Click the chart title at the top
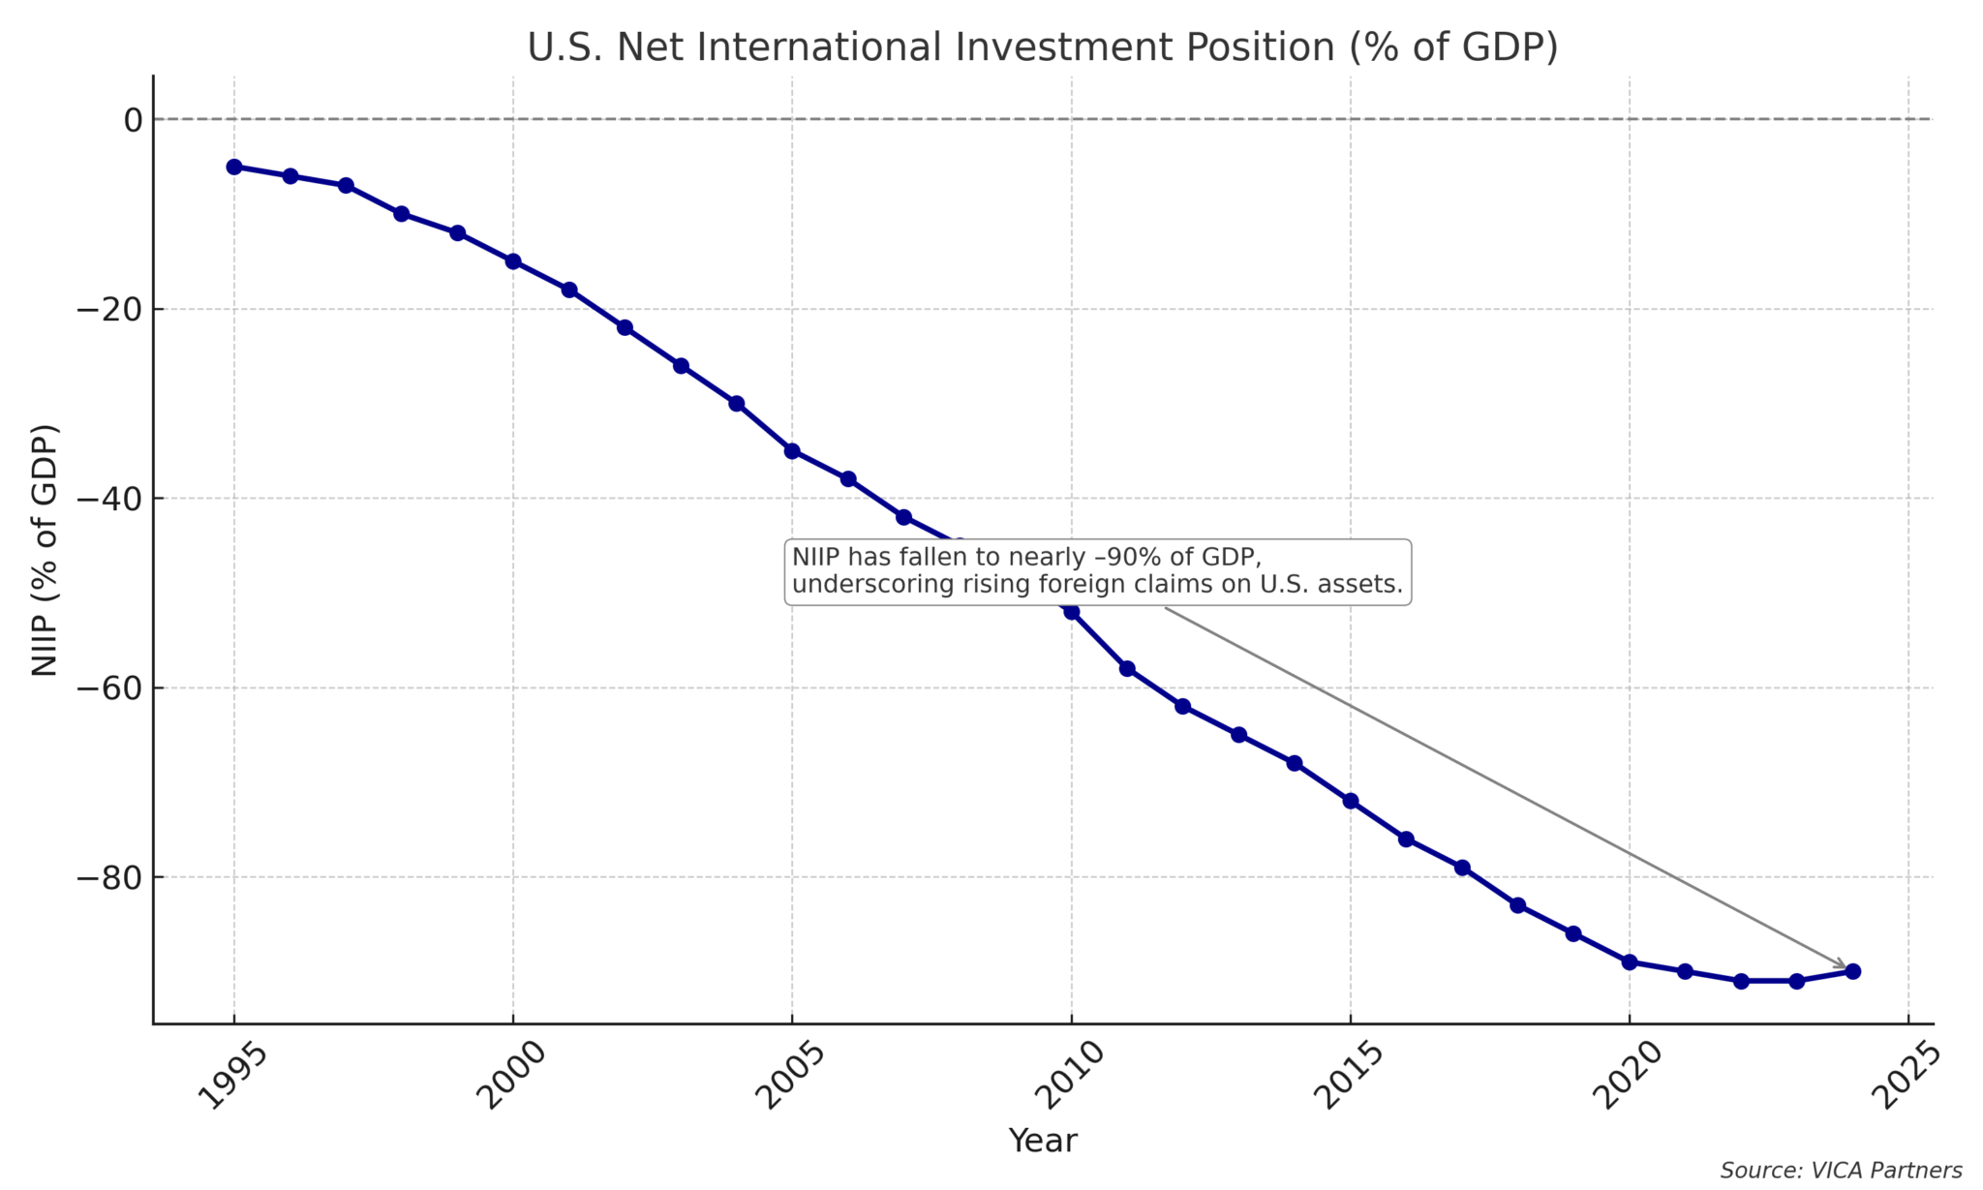coord(1042,46)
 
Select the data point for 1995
coord(234,167)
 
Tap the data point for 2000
coord(513,261)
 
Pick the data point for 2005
coord(792,451)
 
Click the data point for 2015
coord(1351,801)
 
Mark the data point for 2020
coord(1630,962)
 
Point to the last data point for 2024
coord(1852,971)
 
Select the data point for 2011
coord(1127,669)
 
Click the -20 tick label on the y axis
coord(109,310)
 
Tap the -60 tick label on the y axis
coord(109,688)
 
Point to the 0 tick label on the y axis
coord(133,120)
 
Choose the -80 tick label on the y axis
coord(109,877)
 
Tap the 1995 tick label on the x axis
coord(232,1076)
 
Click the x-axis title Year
coord(1042,1141)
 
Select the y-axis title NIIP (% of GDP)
coord(45,550)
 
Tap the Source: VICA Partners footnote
coord(1840,1171)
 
